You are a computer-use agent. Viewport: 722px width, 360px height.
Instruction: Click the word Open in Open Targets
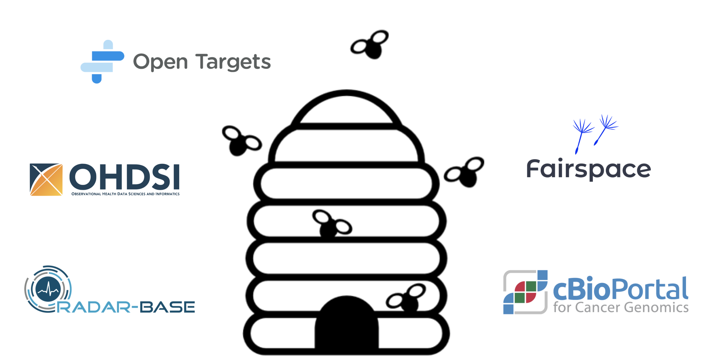point(160,62)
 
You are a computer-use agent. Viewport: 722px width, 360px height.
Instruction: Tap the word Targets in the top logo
point(233,61)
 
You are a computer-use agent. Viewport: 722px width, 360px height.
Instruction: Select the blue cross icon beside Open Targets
point(102,62)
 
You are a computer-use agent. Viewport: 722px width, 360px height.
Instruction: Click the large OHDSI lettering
point(124,177)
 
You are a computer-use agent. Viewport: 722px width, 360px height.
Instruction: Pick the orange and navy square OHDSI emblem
point(46,180)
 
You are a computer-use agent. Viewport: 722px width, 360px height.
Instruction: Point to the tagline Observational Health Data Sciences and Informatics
point(125,194)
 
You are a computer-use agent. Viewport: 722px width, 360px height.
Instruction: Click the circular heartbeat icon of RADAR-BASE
point(48,289)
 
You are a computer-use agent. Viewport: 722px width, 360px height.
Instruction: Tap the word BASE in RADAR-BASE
point(167,307)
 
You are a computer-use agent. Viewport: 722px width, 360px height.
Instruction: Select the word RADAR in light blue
point(94,307)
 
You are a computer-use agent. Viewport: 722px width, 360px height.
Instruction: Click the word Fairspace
point(589,169)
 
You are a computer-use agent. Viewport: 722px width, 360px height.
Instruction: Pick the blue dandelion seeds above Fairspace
point(595,134)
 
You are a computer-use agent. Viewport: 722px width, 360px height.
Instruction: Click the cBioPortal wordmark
point(620,289)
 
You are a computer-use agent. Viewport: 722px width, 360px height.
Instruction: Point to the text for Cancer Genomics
point(621,307)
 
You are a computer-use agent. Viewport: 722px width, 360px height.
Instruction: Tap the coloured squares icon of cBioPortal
point(525,292)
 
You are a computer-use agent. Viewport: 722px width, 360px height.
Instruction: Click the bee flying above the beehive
point(370,44)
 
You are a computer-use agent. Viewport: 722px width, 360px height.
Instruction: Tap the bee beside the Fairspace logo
point(464,172)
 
